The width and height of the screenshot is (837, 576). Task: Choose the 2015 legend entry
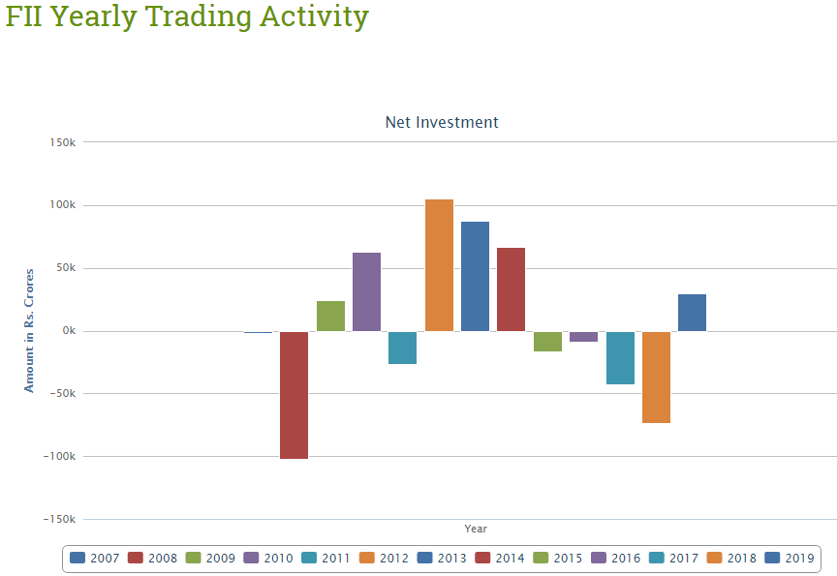point(558,559)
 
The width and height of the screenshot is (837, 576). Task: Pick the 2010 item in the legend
point(268,559)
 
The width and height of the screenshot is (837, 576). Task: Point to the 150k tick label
point(62,142)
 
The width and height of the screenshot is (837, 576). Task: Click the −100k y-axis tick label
point(58,456)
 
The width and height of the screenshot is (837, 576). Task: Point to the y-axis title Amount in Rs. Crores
point(29,331)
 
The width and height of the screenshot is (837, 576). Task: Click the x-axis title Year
point(476,529)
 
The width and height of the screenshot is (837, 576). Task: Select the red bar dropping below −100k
point(294,395)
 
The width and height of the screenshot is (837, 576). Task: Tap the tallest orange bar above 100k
point(439,265)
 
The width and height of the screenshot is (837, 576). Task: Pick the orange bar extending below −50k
point(656,378)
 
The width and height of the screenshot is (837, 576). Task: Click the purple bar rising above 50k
point(366,292)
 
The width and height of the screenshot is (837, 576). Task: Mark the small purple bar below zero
point(583,337)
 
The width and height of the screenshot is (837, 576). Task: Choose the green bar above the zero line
point(330,317)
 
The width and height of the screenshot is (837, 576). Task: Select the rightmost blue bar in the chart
point(692,313)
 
